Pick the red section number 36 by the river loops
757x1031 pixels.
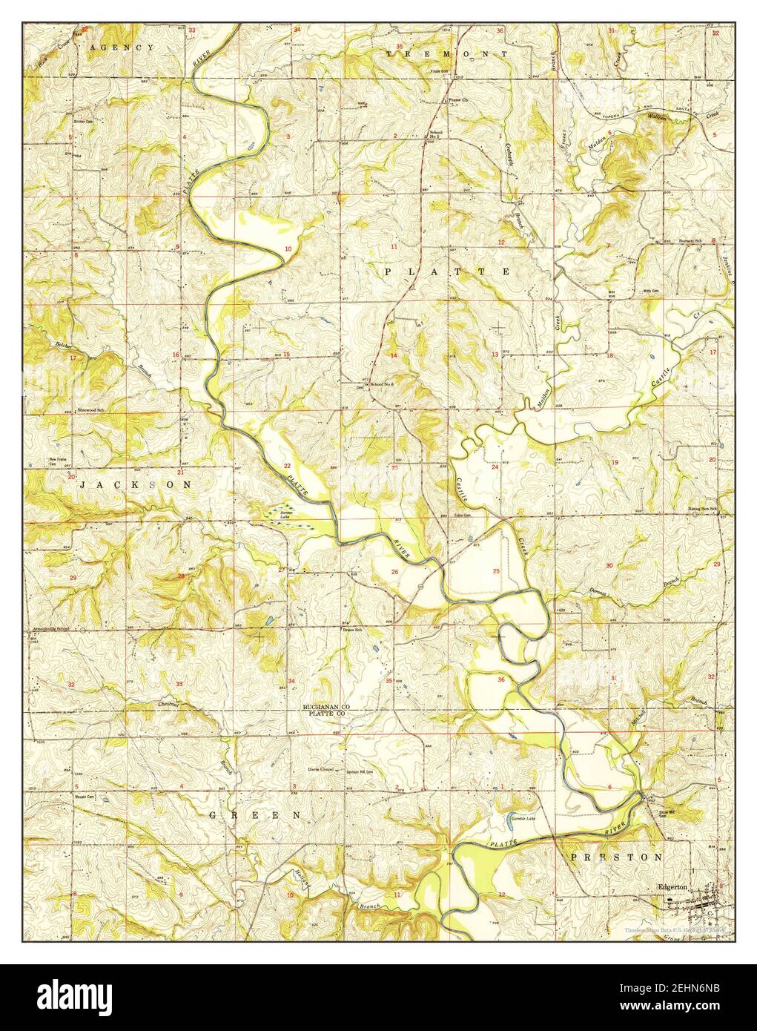(501, 679)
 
